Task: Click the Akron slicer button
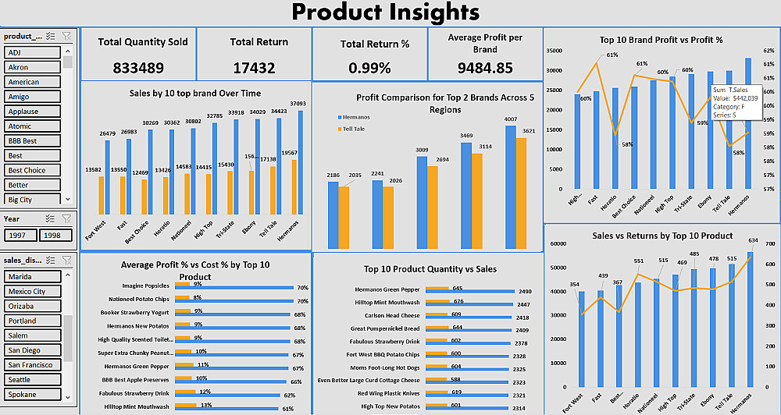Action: click(32, 67)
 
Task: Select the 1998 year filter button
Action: click(55, 235)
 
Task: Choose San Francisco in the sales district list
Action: click(32, 365)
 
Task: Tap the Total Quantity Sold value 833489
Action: click(138, 68)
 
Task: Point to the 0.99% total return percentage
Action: click(369, 68)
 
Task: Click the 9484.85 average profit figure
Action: click(485, 68)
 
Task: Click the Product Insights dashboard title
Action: click(385, 12)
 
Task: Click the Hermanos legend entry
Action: click(356, 117)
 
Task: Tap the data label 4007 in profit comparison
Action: click(511, 119)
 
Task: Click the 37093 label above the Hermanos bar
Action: click(298, 104)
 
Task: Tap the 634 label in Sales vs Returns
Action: click(751, 240)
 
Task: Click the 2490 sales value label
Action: click(524, 292)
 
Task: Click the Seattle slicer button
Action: click(32, 380)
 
